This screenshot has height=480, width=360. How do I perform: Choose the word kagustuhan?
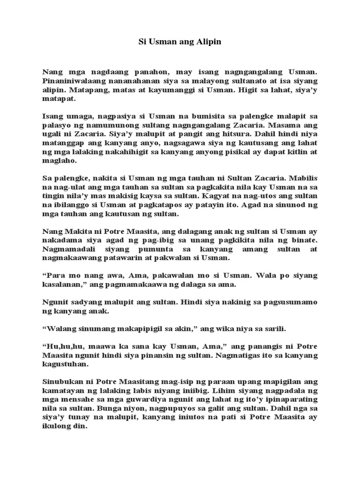(x=64, y=364)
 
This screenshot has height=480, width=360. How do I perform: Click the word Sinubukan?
(x=61, y=382)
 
